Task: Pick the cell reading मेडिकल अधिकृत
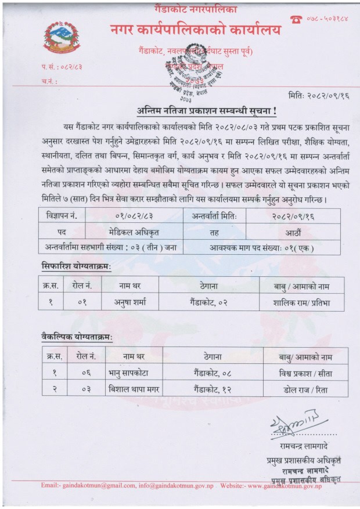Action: tap(134, 230)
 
